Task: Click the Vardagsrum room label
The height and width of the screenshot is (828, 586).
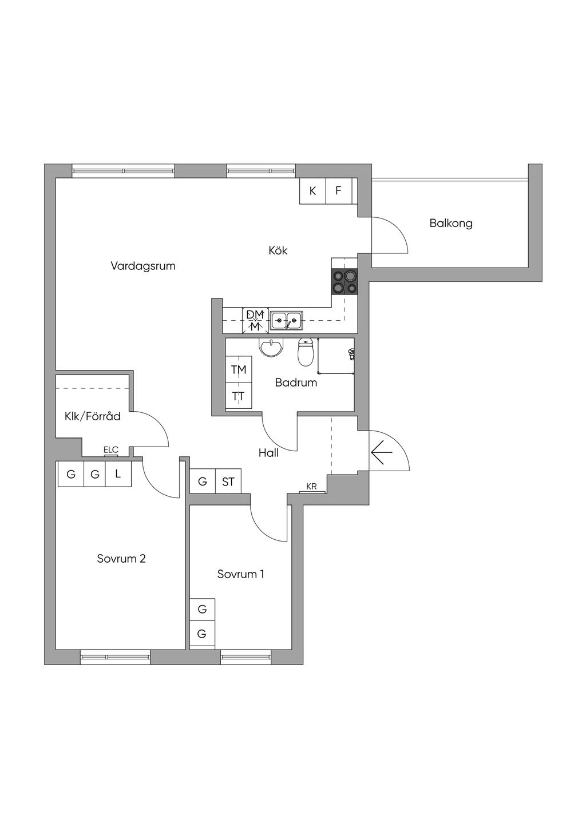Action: (143, 266)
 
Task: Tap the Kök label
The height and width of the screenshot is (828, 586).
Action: (278, 250)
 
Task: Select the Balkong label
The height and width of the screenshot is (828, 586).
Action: (451, 223)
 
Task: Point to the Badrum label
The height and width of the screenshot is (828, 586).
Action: (296, 383)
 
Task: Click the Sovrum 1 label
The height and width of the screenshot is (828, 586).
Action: (240, 574)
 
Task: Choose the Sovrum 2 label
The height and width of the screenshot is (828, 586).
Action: (121, 559)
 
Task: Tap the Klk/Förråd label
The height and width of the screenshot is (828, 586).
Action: (93, 416)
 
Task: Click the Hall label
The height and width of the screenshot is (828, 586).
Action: (268, 453)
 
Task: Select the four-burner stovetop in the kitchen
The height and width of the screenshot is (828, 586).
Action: (345, 282)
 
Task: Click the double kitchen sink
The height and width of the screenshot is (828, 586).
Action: (287, 321)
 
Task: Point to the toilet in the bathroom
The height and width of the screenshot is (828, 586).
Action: (306, 352)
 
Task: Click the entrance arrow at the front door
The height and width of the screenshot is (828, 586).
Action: (381, 453)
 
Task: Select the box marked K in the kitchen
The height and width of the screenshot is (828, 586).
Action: (312, 191)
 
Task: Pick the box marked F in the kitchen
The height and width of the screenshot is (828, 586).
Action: (339, 191)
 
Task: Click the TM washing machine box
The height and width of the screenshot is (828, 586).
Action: (239, 370)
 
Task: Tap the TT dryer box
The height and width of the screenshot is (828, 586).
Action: (239, 396)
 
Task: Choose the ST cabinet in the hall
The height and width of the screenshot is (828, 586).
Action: (228, 481)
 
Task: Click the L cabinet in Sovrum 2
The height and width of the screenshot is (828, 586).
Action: (118, 474)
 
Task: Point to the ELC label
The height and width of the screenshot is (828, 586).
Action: (111, 450)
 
